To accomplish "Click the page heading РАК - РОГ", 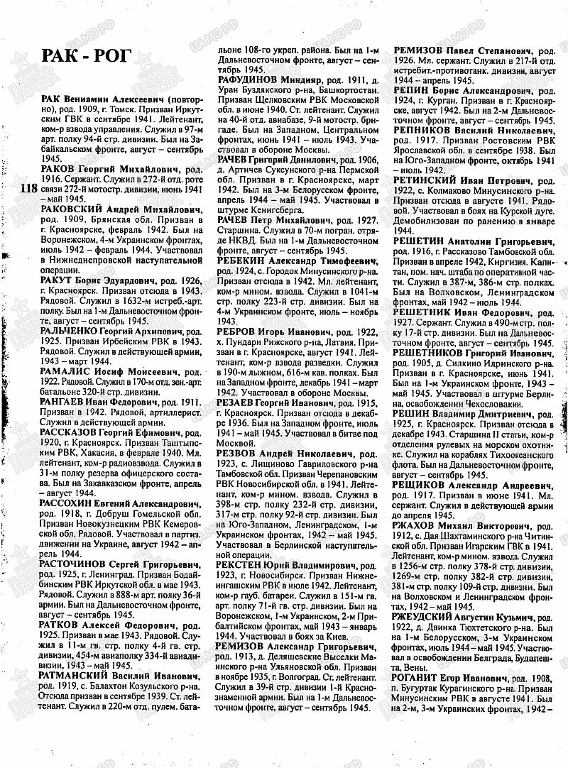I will tap(87, 56).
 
